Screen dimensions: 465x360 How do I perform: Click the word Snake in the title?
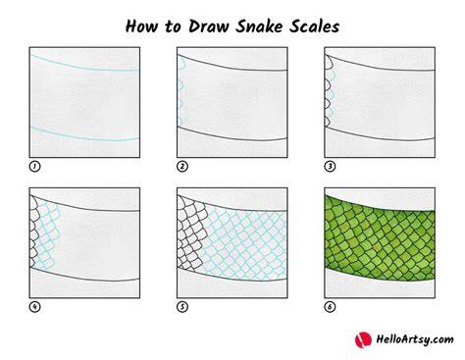click(x=259, y=26)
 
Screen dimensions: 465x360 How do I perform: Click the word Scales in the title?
click(x=314, y=26)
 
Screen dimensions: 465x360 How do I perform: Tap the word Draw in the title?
click(x=209, y=26)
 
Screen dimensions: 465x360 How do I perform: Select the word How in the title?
click(x=141, y=26)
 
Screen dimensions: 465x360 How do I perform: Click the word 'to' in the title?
click(x=173, y=27)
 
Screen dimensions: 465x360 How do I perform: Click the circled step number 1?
click(x=34, y=167)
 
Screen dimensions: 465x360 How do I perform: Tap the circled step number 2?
click(x=182, y=167)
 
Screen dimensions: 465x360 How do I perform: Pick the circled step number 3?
click(x=330, y=167)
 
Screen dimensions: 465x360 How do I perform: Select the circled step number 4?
click(x=34, y=307)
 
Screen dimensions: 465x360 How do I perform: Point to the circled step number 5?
click(x=182, y=307)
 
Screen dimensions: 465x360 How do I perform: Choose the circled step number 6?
click(x=330, y=307)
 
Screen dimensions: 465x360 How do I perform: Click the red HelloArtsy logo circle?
click(x=363, y=339)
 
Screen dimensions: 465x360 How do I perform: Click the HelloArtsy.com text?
click(x=415, y=339)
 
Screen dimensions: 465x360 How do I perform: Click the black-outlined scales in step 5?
click(x=191, y=233)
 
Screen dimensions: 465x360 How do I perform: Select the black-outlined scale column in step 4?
click(x=34, y=232)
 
